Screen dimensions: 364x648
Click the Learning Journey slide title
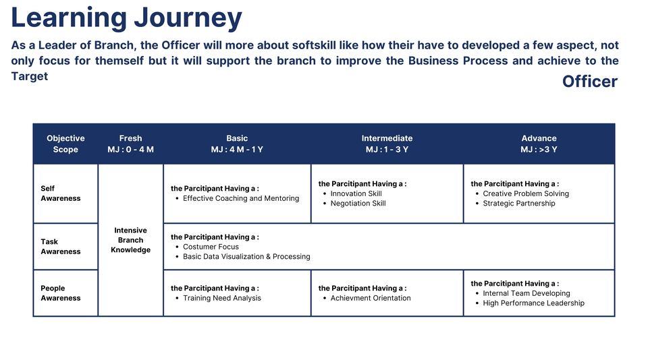[x=126, y=18]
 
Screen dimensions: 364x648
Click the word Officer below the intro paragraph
[x=589, y=82]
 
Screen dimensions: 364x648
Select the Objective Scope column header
[x=65, y=144]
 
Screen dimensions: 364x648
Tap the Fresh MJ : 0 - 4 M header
[x=130, y=144]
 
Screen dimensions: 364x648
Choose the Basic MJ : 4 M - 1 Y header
[x=237, y=144]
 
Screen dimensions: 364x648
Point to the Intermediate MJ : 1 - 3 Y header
[x=387, y=144]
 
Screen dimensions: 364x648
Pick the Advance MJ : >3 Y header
[x=539, y=144]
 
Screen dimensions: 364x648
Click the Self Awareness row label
[x=60, y=193]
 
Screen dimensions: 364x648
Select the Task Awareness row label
[x=60, y=247]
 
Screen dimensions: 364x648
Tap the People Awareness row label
[x=60, y=293]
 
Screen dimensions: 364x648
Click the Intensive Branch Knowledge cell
[x=130, y=240]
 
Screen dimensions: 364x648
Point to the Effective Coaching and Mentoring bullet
[x=241, y=199]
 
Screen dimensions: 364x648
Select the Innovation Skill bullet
[x=356, y=193]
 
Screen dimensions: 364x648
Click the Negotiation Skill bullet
[x=358, y=204]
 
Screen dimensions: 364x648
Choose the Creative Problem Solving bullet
[x=526, y=193]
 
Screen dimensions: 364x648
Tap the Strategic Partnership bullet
[x=518, y=204]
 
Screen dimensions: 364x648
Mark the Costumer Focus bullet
[x=211, y=247]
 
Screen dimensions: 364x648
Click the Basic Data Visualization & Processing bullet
[x=246, y=257]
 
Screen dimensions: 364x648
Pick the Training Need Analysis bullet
[x=221, y=298]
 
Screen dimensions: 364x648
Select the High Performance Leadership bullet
[x=533, y=303]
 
